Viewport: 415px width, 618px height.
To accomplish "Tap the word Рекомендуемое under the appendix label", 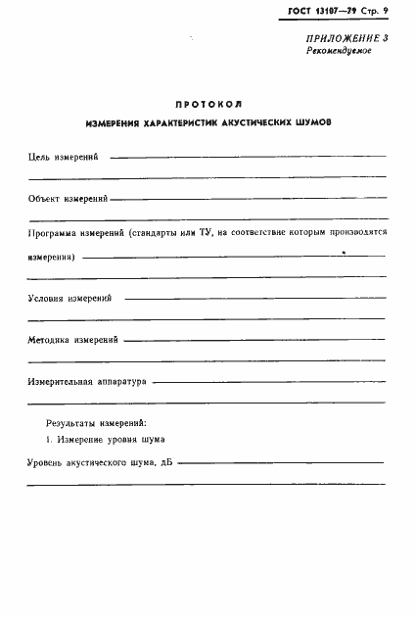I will (x=336, y=50).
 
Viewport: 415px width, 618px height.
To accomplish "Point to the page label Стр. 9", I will (x=376, y=11).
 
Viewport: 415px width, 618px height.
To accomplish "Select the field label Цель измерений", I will (x=64, y=157).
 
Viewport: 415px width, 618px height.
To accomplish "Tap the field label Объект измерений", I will (x=69, y=199).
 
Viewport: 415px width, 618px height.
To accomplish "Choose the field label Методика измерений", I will (x=73, y=340).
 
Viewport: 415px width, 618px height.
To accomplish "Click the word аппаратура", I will (x=122, y=382).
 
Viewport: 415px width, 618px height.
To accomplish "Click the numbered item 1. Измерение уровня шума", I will (x=98, y=441).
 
